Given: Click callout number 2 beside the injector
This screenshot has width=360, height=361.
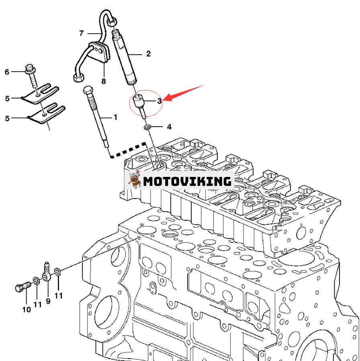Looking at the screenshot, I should point(148,53).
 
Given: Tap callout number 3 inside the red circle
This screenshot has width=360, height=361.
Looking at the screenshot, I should point(160,101).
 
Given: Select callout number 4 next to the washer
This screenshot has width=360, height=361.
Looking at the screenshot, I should point(169,127).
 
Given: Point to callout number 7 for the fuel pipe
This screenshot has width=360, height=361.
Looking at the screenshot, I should point(81,33).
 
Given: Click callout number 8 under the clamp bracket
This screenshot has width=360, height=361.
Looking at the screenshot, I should point(104,81).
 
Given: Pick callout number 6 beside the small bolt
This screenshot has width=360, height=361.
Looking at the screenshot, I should point(7,72).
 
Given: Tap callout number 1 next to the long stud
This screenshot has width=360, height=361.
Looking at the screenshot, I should point(115,117).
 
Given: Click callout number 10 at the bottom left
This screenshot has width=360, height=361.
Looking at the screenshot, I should point(26,310).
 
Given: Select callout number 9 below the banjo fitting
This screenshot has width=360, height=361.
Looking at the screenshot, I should point(48,300).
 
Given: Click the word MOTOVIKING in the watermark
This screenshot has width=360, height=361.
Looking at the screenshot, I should point(187,181).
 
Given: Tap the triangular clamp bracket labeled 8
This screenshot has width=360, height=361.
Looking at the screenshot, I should point(99,53).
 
